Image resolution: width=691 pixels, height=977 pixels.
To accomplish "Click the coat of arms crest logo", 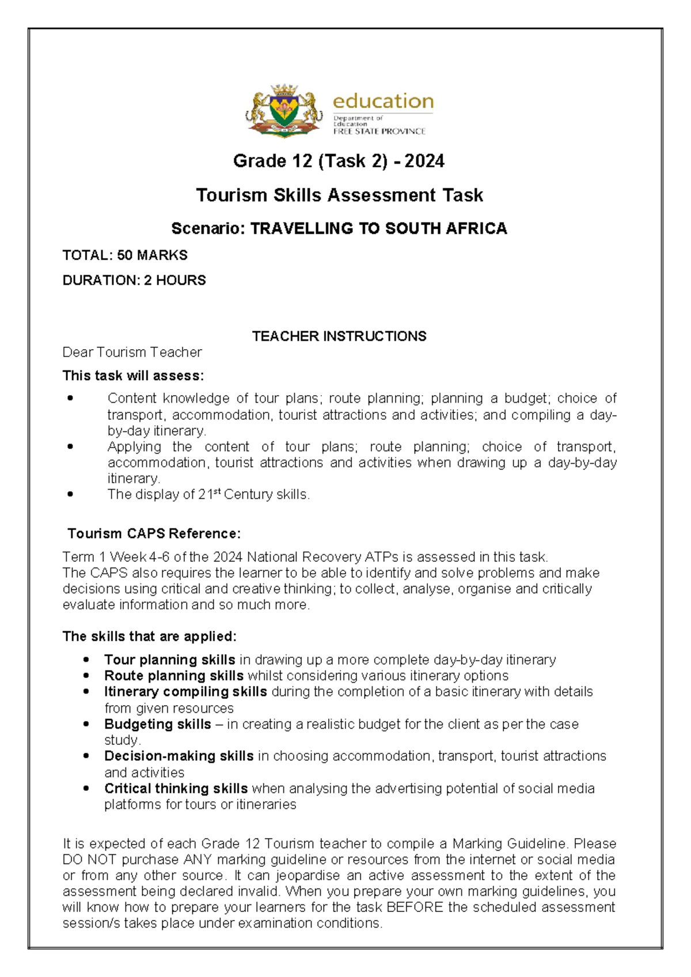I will (x=284, y=111).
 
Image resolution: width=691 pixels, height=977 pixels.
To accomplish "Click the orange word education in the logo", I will (x=383, y=101).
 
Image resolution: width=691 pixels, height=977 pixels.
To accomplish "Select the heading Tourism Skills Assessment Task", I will (x=339, y=195).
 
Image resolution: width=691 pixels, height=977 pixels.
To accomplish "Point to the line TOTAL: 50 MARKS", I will (x=125, y=255).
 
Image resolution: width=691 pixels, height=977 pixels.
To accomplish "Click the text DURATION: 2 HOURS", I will (x=134, y=281).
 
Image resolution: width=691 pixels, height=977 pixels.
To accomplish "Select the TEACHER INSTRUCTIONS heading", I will (x=339, y=336).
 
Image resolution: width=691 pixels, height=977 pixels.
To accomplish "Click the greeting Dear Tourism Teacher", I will (x=132, y=353).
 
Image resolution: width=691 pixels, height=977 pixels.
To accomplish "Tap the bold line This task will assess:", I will (x=133, y=376).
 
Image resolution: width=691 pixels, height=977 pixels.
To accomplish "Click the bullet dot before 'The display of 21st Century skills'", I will (x=70, y=494).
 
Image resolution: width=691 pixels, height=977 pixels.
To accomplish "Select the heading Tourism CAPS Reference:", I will (x=154, y=534).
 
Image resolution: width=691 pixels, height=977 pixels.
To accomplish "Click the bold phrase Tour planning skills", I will (x=169, y=660).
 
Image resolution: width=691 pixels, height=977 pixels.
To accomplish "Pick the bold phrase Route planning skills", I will (x=173, y=676).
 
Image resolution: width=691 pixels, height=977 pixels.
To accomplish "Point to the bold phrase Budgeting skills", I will (x=157, y=725).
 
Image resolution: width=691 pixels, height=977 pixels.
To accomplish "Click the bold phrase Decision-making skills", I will (x=179, y=756).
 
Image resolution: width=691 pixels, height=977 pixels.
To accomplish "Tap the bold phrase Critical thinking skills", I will (x=176, y=789).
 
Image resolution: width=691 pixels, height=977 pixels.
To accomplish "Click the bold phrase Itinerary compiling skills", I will (x=185, y=692).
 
